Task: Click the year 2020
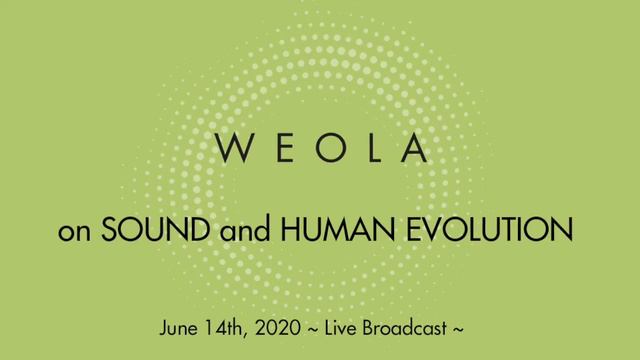coord(287,327)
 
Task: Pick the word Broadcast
coord(411,327)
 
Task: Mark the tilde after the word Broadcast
coord(460,328)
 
